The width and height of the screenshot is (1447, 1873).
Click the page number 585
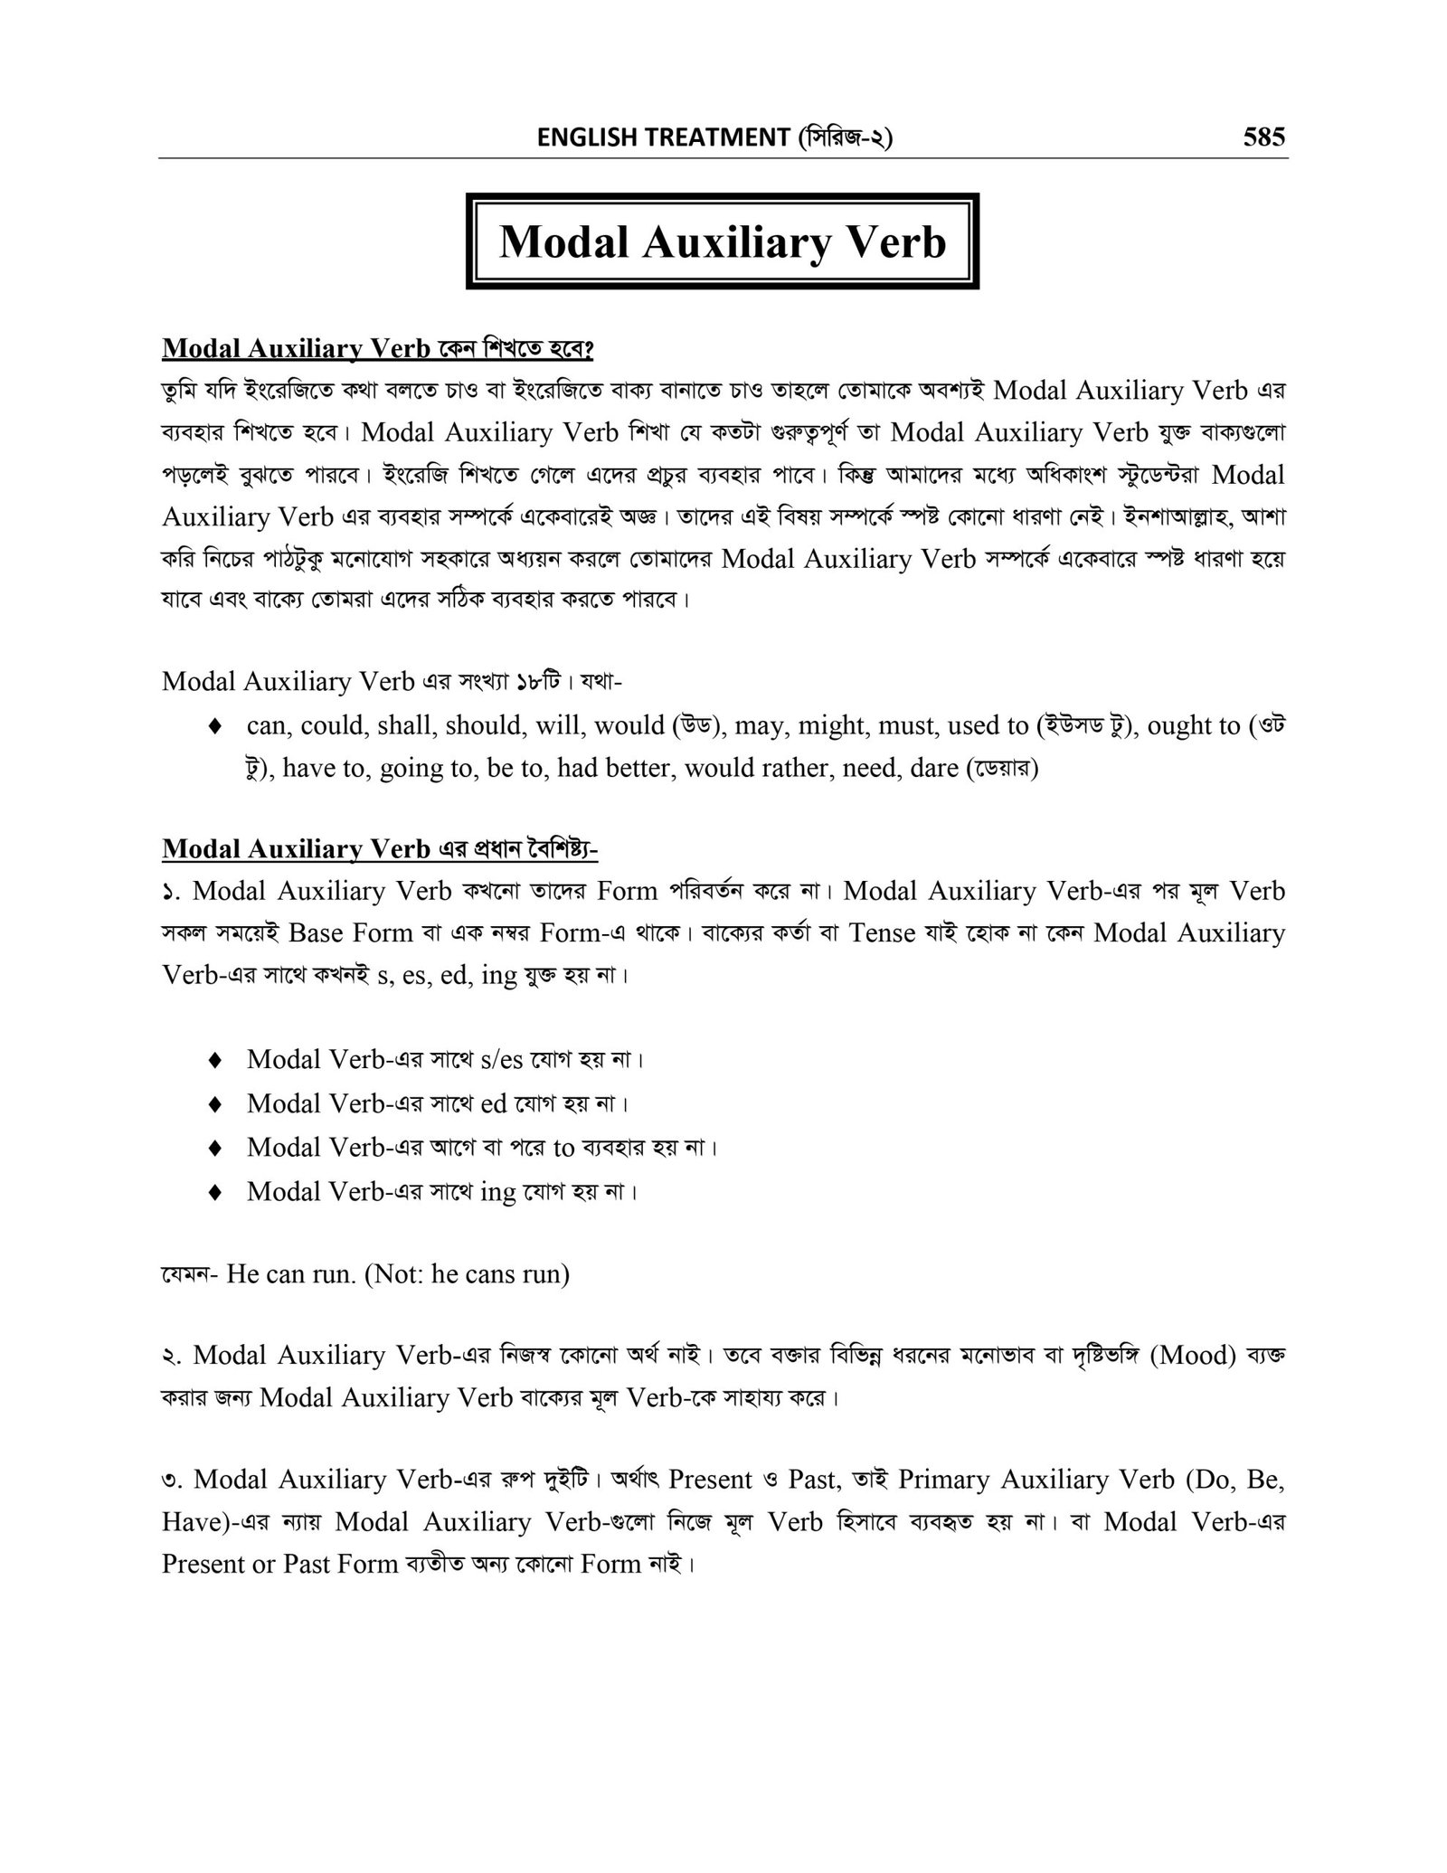tap(1263, 137)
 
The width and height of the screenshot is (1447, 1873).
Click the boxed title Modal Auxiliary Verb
tap(722, 241)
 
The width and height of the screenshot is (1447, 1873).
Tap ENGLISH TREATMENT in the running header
tap(663, 137)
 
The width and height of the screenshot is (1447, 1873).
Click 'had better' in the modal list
tap(605, 768)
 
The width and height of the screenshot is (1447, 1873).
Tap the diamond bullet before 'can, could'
tap(214, 726)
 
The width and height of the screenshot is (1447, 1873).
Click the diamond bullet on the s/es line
tap(214, 1059)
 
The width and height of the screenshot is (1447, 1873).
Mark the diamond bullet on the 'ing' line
tap(214, 1192)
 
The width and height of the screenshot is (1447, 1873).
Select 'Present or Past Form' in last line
tap(279, 1564)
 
